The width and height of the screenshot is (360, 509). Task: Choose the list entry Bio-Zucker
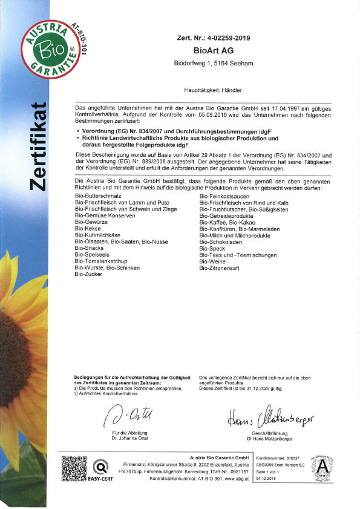(88, 274)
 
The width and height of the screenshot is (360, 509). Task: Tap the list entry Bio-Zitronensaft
(224, 268)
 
